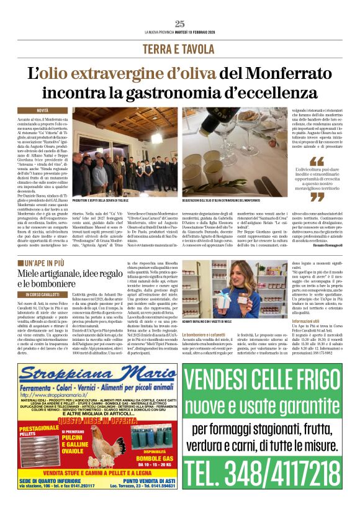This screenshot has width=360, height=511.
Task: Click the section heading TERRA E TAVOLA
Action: pos(180,48)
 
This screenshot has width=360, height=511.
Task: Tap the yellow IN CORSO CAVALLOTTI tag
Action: pos(47,294)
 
